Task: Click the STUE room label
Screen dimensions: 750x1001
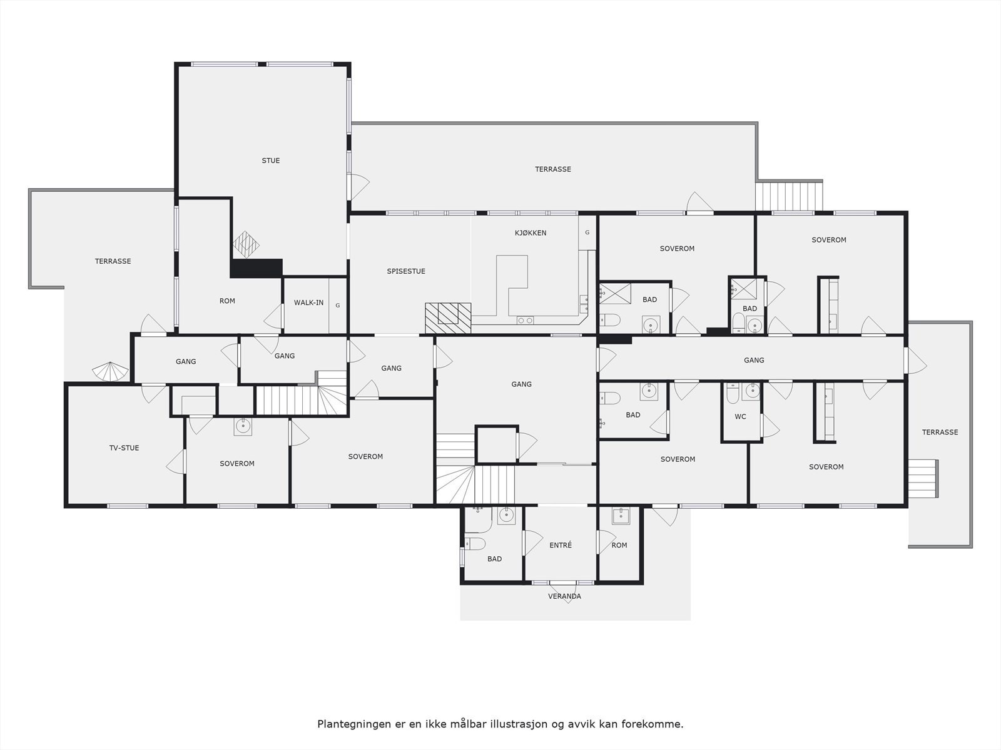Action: [271, 161]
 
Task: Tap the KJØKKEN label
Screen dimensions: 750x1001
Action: [531, 233]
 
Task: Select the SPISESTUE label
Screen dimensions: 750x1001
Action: [406, 271]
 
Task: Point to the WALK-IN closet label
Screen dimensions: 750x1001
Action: [309, 303]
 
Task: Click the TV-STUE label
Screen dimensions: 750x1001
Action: [124, 448]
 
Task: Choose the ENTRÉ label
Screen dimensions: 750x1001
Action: [561, 545]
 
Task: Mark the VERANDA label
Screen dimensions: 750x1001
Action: [564, 596]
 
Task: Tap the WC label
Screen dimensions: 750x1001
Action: [740, 417]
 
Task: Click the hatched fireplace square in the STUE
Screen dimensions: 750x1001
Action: [245, 244]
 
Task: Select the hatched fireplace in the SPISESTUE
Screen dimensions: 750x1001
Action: [448, 317]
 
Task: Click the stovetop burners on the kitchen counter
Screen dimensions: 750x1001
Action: [526, 321]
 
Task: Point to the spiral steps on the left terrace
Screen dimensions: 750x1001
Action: [109, 372]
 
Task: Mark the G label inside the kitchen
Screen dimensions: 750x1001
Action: [587, 232]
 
